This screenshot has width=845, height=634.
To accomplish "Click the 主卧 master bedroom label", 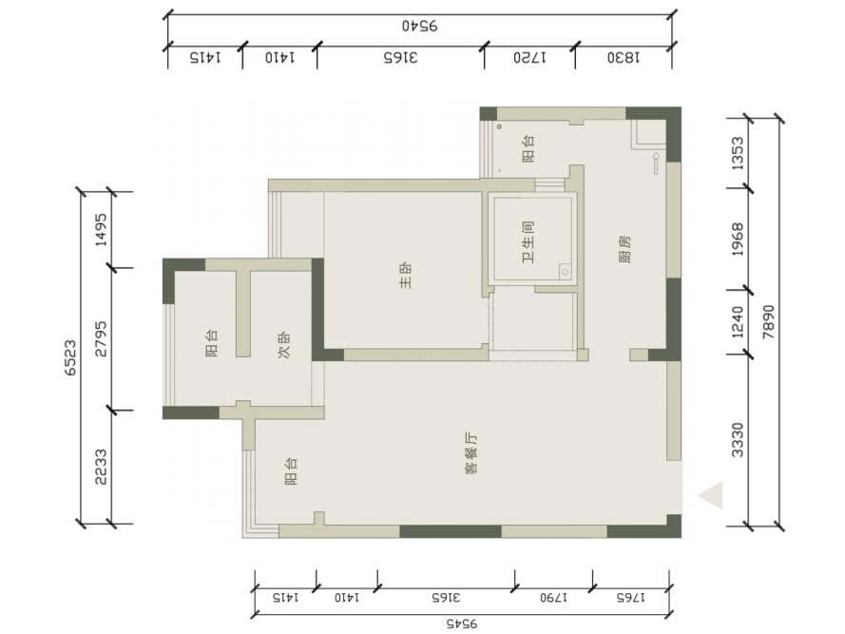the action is [406, 276].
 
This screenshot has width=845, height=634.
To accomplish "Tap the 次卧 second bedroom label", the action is [284, 344].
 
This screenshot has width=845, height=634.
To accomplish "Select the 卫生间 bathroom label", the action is [528, 242].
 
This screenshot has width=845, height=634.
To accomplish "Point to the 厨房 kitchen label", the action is [624, 248].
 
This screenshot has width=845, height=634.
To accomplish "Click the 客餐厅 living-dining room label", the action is [471, 453].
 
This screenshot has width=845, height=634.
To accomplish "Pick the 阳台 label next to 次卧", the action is [212, 343].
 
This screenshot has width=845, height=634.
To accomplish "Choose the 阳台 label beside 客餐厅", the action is [291, 471].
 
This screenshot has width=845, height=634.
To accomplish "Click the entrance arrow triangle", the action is [710, 495].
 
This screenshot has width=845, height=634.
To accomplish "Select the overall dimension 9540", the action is [420, 26].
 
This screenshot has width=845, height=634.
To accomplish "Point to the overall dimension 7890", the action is [768, 322].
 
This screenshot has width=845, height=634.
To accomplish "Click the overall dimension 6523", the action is [70, 357].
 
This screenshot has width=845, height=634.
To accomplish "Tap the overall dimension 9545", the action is [462, 624].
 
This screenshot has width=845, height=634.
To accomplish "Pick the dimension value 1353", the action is [738, 153].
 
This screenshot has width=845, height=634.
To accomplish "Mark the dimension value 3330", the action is [738, 440].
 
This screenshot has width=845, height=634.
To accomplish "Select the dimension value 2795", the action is [101, 339].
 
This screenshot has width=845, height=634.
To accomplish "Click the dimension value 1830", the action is [624, 57].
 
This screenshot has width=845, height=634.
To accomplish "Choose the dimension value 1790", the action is [553, 597].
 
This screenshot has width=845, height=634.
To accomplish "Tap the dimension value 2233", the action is [101, 467].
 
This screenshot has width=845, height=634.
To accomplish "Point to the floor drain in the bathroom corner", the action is [565, 272].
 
